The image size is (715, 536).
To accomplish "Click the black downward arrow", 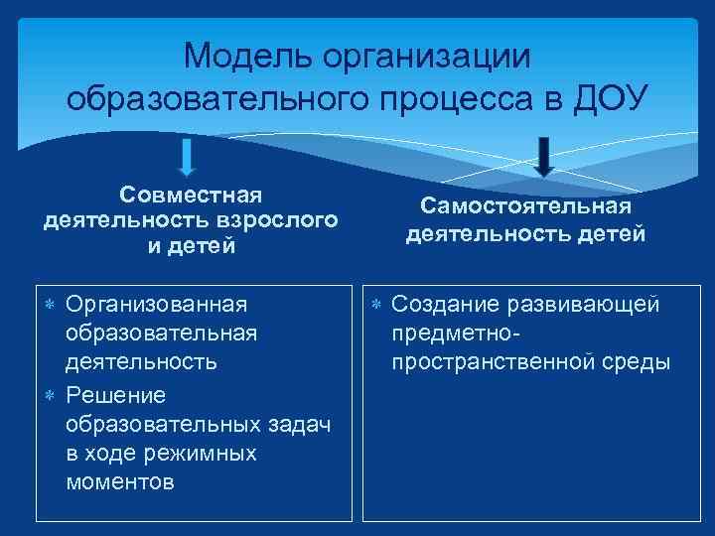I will (543, 156).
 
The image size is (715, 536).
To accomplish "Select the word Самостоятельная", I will (525, 206).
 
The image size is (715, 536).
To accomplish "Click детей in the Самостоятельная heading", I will (611, 234).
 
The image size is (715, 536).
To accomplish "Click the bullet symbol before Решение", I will (50, 396).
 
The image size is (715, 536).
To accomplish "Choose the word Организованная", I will (156, 304).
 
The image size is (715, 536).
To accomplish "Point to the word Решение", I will (115, 395).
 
